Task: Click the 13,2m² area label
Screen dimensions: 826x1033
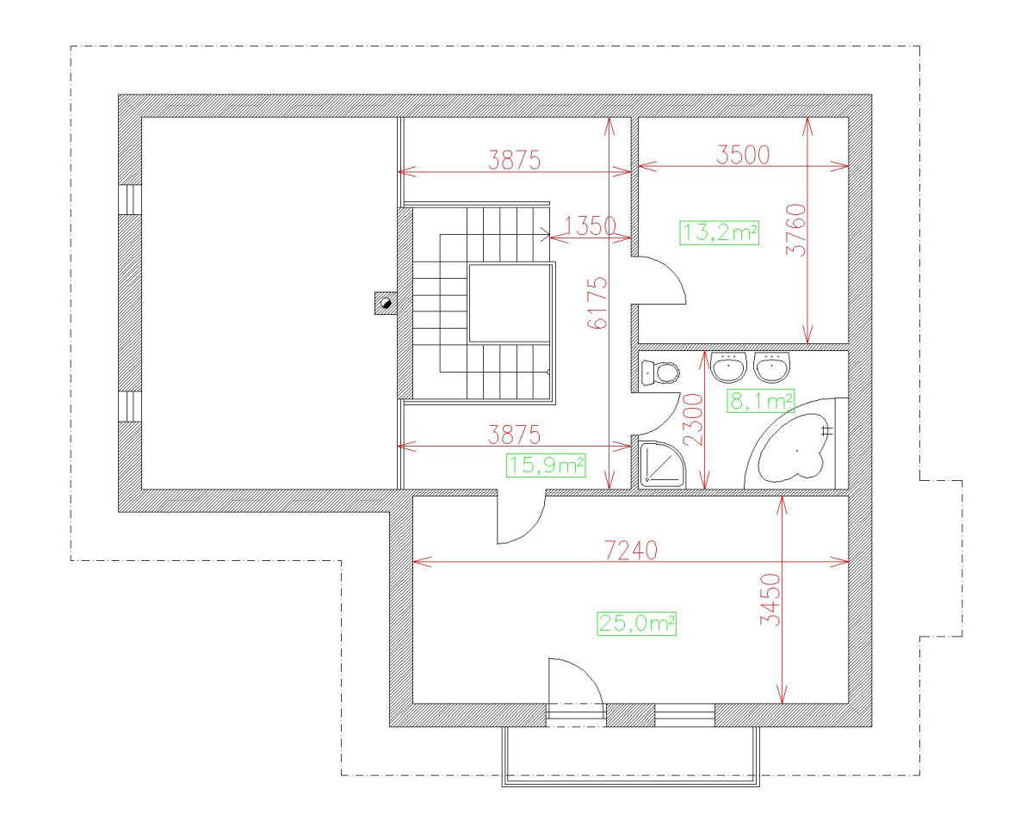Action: point(720,232)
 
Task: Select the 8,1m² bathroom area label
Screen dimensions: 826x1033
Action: point(760,400)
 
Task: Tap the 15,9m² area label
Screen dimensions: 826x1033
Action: point(547,465)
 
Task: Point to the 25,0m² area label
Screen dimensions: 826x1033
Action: point(636,624)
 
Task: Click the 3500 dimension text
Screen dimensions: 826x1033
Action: point(742,155)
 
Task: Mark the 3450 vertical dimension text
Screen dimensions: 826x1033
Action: point(771,601)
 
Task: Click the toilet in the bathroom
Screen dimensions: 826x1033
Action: point(660,373)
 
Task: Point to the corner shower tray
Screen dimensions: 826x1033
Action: point(662,465)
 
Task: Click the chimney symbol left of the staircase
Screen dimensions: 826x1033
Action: point(385,303)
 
